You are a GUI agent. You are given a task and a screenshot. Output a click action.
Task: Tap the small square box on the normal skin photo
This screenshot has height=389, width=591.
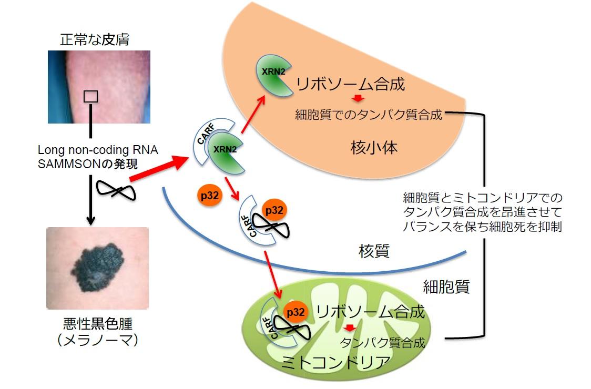click(x=91, y=96)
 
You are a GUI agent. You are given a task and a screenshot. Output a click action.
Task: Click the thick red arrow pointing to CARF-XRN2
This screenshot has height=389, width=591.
click(x=158, y=169)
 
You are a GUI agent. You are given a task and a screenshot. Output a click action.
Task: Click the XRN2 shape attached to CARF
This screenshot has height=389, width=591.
click(x=227, y=153)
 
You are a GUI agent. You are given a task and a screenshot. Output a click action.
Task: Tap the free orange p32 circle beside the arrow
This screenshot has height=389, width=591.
click(x=209, y=196)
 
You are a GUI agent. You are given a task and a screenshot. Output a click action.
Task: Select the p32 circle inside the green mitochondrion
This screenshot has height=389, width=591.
click(x=295, y=312)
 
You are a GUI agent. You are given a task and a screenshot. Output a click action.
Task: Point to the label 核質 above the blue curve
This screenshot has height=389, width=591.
click(x=374, y=251)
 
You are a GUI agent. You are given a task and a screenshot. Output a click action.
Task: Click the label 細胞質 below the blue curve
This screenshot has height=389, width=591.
click(x=446, y=286)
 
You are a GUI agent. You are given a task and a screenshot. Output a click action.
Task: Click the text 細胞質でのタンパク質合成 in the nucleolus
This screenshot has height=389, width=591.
click(x=368, y=115)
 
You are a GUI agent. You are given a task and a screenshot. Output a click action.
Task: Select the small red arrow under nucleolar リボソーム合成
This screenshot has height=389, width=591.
click(x=358, y=99)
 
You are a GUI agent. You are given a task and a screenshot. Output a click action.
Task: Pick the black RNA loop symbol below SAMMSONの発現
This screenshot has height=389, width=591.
click(x=117, y=189)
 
